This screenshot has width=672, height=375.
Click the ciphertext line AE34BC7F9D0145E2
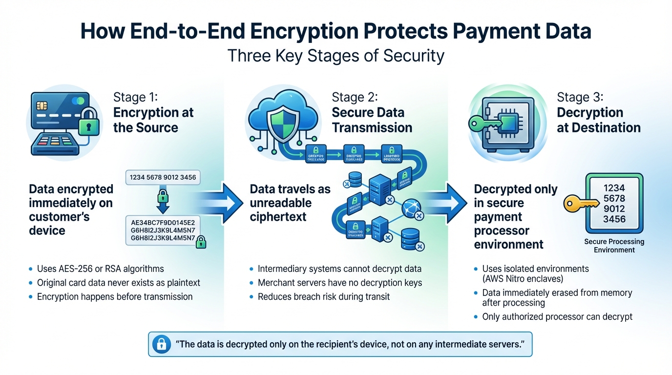[x=163, y=223]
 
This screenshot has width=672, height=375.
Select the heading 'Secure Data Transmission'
[x=372, y=120]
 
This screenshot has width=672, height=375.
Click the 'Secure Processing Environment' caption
[x=614, y=246]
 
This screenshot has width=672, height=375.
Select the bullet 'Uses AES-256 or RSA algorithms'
[x=100, y=269]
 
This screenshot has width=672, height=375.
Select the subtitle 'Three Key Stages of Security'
[x=336, y=55]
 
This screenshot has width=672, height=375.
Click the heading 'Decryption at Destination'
[x=598, y=120]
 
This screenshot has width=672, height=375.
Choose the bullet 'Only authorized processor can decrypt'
[x=557, y=316]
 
